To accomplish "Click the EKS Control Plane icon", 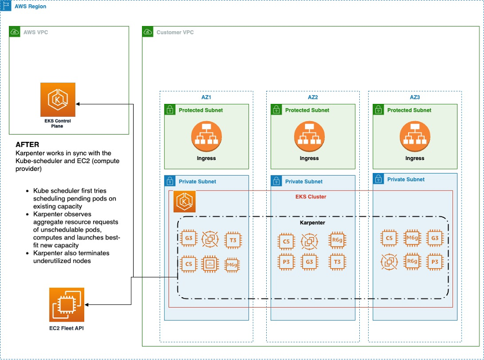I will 58,100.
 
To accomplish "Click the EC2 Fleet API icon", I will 66,305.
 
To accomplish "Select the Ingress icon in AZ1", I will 206,137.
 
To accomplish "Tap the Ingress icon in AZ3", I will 414,137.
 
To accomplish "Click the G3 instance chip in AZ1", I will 188,240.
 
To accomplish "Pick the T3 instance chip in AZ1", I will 232,240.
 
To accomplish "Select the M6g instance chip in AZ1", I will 232,264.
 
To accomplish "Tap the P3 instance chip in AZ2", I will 286,262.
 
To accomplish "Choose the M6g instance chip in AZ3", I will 412,238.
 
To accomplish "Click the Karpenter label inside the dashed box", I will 312,222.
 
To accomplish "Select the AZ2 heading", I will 312,97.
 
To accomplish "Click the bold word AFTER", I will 28,144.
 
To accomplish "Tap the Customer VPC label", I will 175,32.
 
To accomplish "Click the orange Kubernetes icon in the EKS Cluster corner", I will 184,201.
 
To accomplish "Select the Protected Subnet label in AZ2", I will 307,110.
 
